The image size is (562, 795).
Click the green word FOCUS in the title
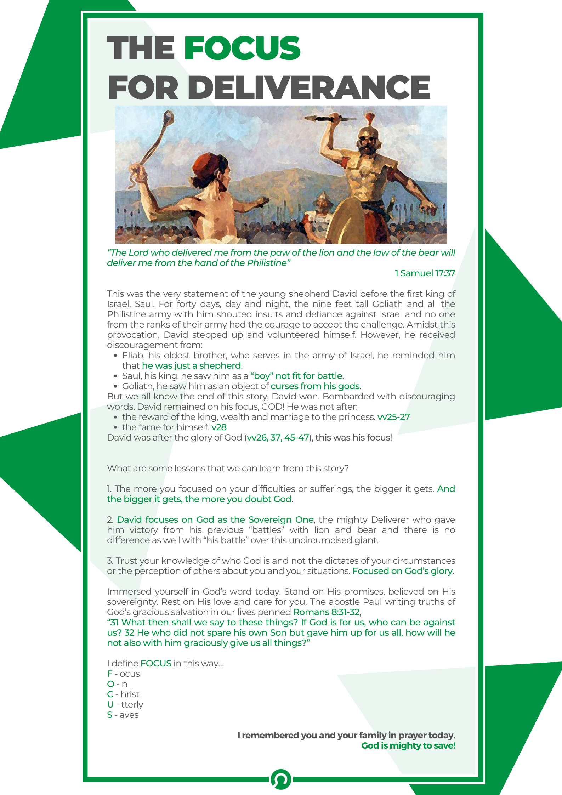click(242, 48)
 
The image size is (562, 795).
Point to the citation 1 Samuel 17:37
click(425, 273)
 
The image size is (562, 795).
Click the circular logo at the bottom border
click(281, 779)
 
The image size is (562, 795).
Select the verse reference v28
click(219, 427)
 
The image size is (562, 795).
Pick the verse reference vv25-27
click(393, 417)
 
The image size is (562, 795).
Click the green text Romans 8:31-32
click(326, 612)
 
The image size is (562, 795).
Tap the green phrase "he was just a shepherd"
click(191, 366)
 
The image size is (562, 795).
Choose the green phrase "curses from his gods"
click(315, 386)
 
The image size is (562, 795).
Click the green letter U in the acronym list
click(110, 705)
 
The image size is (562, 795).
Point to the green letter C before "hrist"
click(110, 694)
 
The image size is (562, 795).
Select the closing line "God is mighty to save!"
click(408, 746)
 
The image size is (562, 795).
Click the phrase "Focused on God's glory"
click(402, 571)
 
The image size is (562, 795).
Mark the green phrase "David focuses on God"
click(165, 520)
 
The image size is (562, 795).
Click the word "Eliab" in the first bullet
click(132, 356)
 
